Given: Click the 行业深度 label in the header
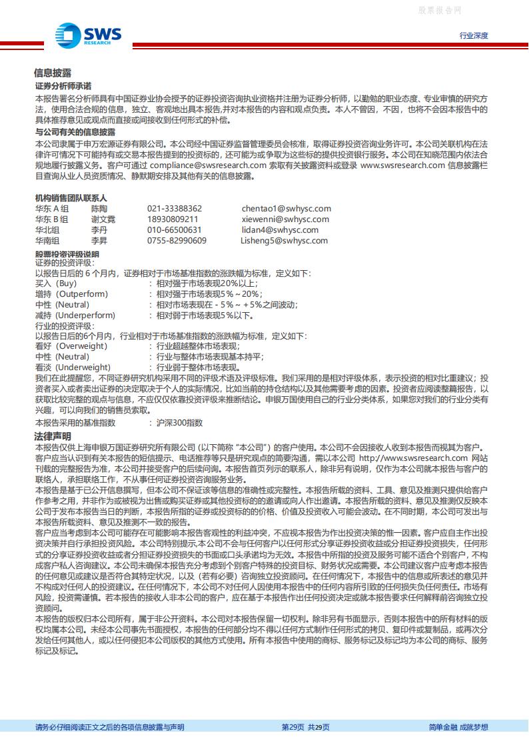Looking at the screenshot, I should coord(474,35).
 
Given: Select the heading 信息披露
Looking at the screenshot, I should coord(53,73).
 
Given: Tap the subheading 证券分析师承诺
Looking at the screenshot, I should coord(63,87).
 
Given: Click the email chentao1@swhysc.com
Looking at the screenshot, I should coord(286,209).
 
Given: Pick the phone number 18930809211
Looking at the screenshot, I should coord(173,219).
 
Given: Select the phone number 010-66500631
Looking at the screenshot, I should coord(175,230).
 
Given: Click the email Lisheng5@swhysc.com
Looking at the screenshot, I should coord(284,241).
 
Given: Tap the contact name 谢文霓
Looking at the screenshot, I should coord(103,219).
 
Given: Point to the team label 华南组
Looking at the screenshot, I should coord(47,241).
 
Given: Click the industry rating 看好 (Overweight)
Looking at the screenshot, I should coord(71,346).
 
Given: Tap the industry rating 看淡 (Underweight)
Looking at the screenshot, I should coord(73,367).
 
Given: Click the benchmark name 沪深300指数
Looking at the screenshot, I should coord(179,423).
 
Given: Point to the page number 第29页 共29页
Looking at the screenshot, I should coord(305,727).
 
